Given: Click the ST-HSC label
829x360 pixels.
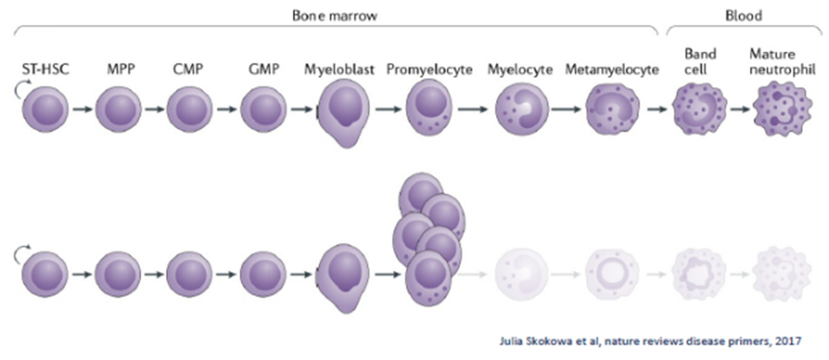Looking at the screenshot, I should tap(45, 70).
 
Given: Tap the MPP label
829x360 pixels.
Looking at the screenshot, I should tap(121, 70).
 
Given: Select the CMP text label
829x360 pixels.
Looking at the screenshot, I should tap(188, 70).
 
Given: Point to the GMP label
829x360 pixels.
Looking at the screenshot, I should tap(264, 70).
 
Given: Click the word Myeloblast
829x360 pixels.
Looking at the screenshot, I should tap(339, 70).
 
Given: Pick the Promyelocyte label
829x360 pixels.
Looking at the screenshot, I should tap(429, 70).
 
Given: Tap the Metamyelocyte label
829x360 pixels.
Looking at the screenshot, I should tap(612, 70).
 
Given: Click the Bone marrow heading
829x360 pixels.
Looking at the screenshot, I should tap(335, 16).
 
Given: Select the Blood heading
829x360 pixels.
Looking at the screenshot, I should tap(743, 16).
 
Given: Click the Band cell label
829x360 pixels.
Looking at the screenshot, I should tap(700, 62).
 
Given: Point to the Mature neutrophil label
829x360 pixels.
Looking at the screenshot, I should tap(782, 62).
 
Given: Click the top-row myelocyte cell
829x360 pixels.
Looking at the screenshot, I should tap(522, 110).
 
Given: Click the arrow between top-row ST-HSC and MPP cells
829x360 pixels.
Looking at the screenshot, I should tap(82, 110).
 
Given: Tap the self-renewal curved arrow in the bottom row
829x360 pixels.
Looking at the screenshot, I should tap(22, 254).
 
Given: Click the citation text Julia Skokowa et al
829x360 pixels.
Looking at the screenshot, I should tap(650, 341).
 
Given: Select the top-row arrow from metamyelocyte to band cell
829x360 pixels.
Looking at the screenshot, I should tap(657, 110).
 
